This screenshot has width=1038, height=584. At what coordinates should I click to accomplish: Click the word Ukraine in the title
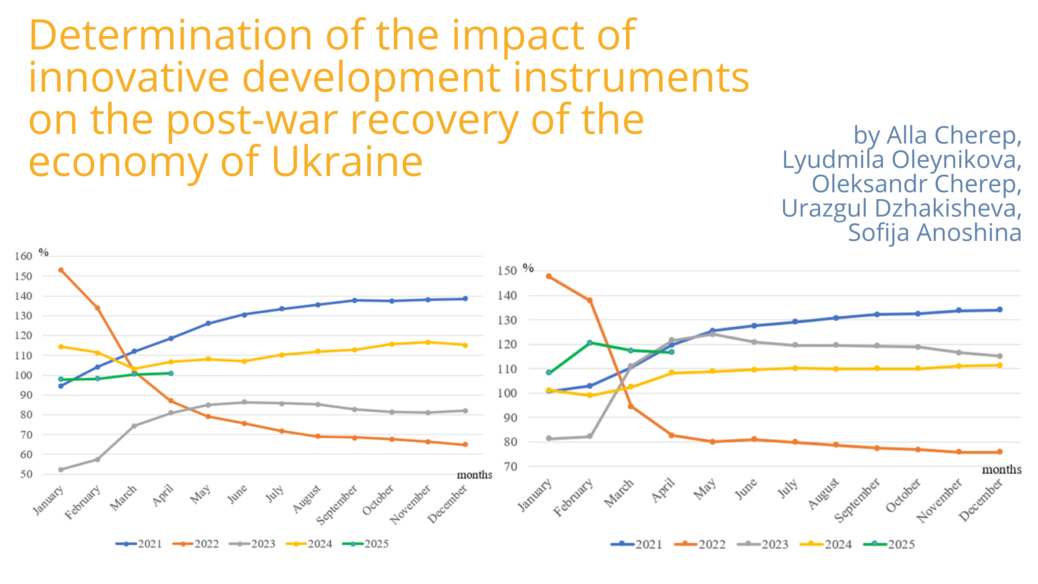tap(347, 162)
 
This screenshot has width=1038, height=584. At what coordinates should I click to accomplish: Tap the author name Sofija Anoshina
tap(935, 233)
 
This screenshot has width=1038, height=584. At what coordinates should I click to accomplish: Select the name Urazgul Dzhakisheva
tap(901, 208)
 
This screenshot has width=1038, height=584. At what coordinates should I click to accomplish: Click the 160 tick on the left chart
tap(23, 256)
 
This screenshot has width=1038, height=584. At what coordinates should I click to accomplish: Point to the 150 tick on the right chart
tap(507, 271)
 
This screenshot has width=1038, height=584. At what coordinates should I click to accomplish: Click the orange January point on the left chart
tap(61, 270)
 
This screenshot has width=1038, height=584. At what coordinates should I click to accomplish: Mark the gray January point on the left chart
tap(61, 470)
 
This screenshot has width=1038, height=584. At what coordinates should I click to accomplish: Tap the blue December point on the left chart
tap(465, 298)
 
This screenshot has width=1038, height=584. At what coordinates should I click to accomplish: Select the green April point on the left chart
tap(171, 373)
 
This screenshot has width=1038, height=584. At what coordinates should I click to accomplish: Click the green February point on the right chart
tap(590, 343)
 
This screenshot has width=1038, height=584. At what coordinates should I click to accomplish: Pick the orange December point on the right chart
tap(999, 452)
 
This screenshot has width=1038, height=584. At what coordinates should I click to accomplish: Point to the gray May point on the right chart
tap(712, 334)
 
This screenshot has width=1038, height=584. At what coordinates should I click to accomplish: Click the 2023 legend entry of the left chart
tap(253, 544)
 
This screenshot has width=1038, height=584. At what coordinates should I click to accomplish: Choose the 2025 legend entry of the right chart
tap(890, 544)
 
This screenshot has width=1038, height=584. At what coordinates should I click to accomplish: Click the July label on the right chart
tap(788, 489)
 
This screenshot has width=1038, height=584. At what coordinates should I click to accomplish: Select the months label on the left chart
tap(474, 475)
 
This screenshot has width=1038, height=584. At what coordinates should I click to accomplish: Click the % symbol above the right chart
tap(528, 268)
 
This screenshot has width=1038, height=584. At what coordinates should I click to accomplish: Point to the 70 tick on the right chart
tap(510, 467)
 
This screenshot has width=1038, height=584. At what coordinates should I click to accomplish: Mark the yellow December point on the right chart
tap(999, 365)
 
